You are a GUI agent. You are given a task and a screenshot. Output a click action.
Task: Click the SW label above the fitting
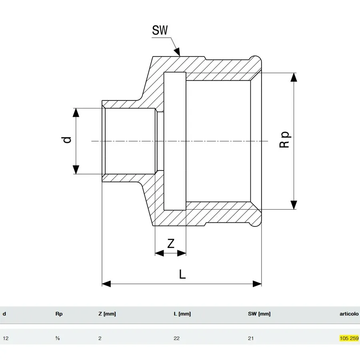click(160, 30)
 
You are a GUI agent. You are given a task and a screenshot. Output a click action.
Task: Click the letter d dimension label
click(67, 140)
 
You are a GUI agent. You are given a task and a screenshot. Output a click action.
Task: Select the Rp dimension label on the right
click(285, 140)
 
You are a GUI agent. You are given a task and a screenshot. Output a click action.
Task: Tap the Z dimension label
click(170, 244)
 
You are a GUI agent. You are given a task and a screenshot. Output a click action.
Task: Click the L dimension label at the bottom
click(182, 274)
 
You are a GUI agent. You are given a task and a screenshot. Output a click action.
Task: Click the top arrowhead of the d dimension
click(76, 112)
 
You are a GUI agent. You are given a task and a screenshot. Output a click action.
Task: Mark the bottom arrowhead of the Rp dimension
click(294, 205)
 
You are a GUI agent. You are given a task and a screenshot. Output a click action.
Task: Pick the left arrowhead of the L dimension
click(106, 284)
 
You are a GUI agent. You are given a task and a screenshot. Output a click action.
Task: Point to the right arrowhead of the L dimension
click(257, 284)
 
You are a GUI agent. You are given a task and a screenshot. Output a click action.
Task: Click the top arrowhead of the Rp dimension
click(294, 77)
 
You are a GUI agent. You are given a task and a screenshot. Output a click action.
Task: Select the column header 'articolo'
click(349, 314)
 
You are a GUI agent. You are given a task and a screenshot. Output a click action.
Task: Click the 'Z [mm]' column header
click(107, 314)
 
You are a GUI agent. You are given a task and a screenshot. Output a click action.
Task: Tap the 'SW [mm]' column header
click(259, 314)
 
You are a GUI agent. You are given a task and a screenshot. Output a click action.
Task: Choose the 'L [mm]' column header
click(182, 314)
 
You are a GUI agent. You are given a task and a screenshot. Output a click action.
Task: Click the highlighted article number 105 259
click(349, 338)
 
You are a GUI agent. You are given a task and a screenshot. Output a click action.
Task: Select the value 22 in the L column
click(176, 338)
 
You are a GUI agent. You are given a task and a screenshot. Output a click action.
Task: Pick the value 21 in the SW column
click(251, 338)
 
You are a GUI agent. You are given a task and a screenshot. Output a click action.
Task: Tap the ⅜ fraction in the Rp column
click(58, 338)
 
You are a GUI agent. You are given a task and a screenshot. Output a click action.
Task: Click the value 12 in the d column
click(6, 338)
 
